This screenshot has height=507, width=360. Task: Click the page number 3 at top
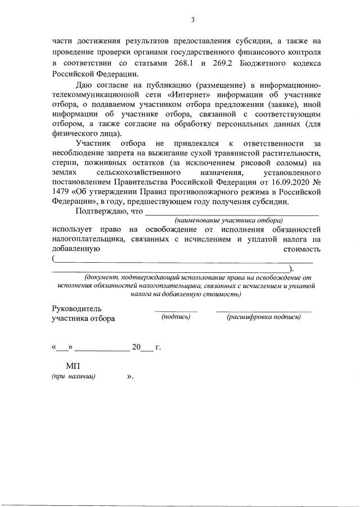pyautogui.click(x=192, y=20)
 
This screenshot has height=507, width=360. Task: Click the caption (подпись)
pyautogui.click(x=176, y=317)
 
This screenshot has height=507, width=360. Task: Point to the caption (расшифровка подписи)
pyautogui.click(x=263, y=317)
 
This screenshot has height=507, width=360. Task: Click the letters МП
pyautogui.click(x=73, y=366)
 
